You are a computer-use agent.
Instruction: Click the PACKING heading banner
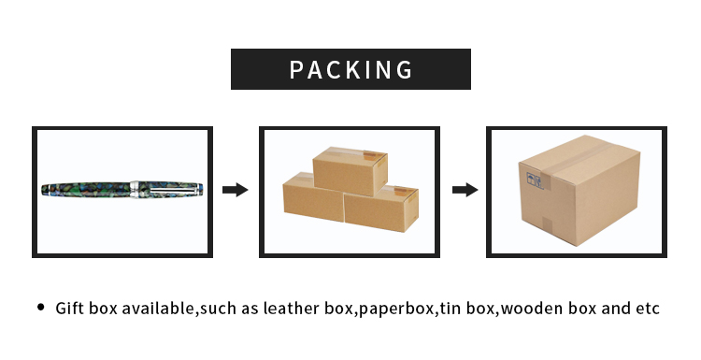click(x=350, y=69)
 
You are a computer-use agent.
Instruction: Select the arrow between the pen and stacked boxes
click(x=235, y=190)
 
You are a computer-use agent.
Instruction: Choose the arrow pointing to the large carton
click(x=465, y=190)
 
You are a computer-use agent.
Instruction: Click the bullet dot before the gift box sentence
click(x=40, y=308)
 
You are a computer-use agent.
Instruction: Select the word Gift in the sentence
click(x=71, y=308)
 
